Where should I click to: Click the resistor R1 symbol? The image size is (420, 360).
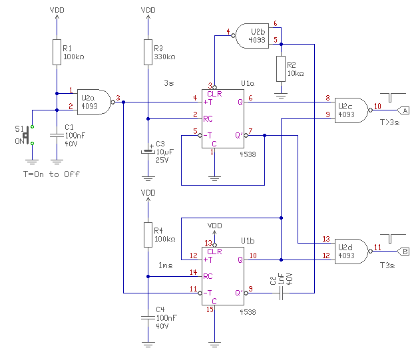(57, 52)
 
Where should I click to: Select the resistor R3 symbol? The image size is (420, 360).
(147, 52)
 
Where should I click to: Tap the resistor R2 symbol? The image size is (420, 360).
(280, 69)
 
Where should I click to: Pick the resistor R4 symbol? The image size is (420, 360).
(147, 233)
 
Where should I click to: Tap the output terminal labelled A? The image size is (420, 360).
(405, 109)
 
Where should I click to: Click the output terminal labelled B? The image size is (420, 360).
(405, 251)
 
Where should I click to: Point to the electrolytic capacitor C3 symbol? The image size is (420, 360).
(147, 152)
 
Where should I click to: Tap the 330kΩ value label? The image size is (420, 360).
(164, 57)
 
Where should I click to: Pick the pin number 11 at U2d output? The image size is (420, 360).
(377, 246)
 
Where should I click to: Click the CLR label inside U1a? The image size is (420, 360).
(214, 93)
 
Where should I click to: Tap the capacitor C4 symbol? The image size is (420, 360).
(147, 319)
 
